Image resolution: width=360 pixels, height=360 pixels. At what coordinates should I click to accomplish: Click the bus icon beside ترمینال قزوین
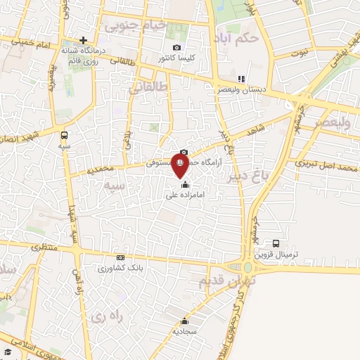276,243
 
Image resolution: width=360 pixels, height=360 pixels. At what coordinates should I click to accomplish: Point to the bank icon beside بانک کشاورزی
120,257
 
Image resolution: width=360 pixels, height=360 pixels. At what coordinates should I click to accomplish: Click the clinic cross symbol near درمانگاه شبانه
84,40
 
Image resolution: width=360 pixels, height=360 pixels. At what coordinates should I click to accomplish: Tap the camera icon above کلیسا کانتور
176,48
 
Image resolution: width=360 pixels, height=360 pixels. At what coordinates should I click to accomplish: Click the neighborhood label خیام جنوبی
136,26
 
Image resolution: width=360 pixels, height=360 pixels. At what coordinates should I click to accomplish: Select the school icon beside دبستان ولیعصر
241,79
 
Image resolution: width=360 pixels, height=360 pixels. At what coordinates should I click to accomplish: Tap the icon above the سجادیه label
185,320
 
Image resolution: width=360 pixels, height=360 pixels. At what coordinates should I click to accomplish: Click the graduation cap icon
7,352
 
